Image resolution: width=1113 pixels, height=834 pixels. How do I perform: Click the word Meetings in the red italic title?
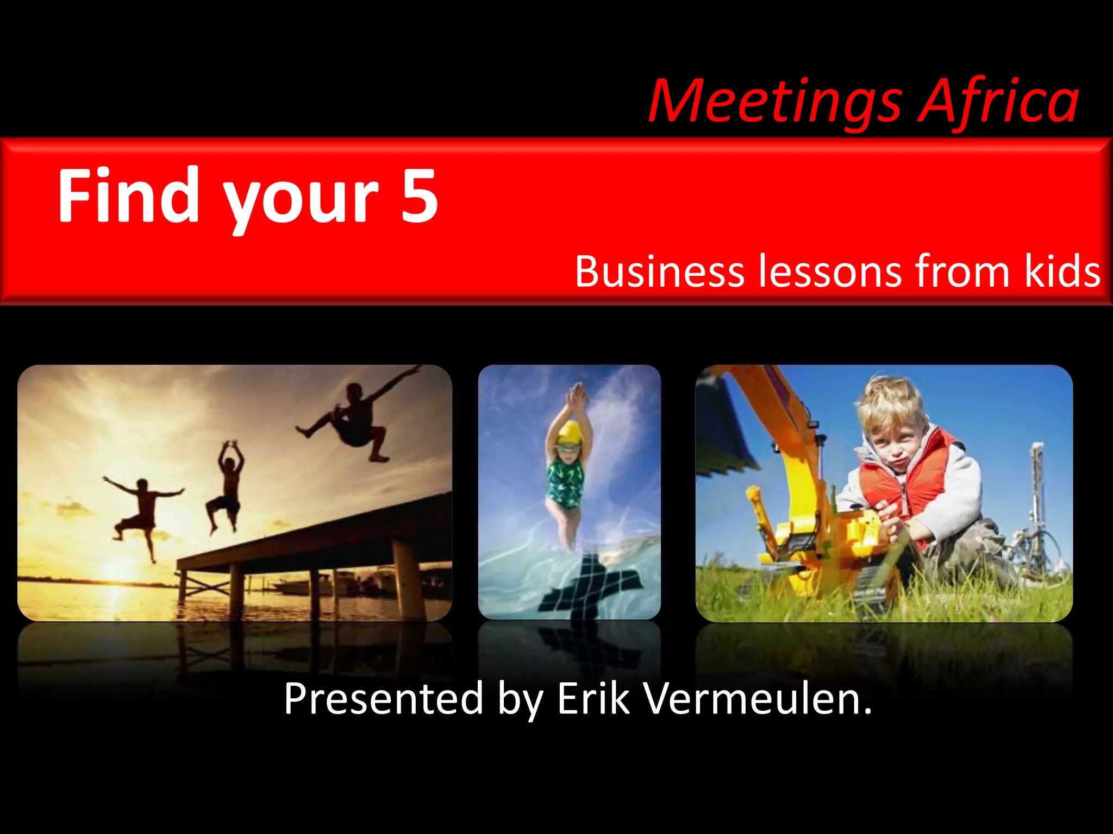coord(774,102)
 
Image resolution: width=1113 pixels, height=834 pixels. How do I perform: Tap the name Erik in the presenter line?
coord(593,699)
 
